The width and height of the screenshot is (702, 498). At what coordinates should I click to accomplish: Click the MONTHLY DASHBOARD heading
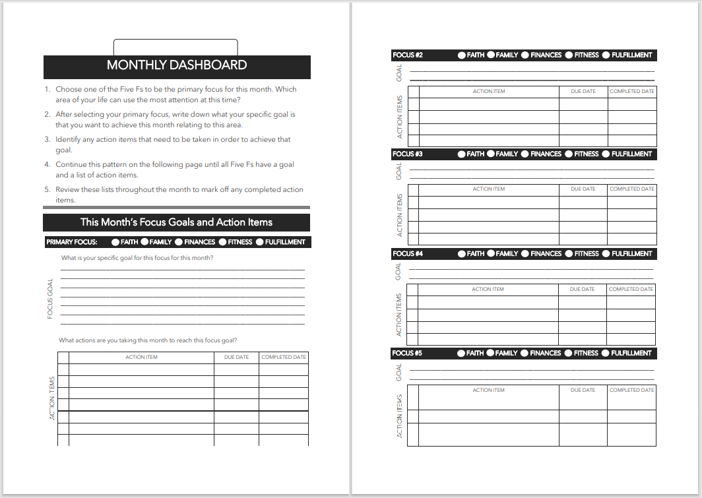pos(177,65)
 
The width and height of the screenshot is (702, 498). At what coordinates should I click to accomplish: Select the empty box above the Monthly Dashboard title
pos(175,47)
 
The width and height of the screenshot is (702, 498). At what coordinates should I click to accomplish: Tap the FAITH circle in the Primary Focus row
pos(115,242)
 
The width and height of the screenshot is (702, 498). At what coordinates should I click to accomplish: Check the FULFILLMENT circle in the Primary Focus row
pos(260,242)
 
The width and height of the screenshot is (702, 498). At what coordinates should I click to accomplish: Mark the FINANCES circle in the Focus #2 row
pos(525,55)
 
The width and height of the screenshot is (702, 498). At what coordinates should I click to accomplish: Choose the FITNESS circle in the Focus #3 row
pos(569,154)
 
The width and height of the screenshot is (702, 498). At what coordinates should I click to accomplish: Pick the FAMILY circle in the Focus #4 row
pos(491,254)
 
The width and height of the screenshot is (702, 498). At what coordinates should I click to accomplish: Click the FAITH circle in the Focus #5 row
pos(461,354)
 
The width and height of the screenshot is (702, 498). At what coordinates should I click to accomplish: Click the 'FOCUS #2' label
pos(408,55)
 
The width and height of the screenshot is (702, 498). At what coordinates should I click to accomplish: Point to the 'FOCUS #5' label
pos(408,354)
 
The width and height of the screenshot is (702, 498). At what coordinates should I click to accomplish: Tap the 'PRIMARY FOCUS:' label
pos(72,242)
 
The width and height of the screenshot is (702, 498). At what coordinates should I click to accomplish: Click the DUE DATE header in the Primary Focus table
pos(236,357)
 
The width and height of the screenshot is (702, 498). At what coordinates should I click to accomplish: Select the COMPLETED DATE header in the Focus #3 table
pos(631,189)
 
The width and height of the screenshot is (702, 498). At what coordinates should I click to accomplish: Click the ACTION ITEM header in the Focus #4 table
pos(488,289)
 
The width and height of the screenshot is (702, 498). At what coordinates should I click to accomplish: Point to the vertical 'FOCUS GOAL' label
pos(50,299)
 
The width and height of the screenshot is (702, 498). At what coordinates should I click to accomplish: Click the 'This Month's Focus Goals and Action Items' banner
pos(176,222)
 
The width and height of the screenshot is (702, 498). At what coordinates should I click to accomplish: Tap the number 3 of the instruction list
pos(48,140)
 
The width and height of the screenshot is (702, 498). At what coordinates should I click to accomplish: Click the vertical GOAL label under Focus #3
pos(399,171)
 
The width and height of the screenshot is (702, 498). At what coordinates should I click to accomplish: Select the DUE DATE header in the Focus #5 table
pos(583,390)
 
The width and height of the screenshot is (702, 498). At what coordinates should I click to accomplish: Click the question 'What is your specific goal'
pos(137,258)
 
